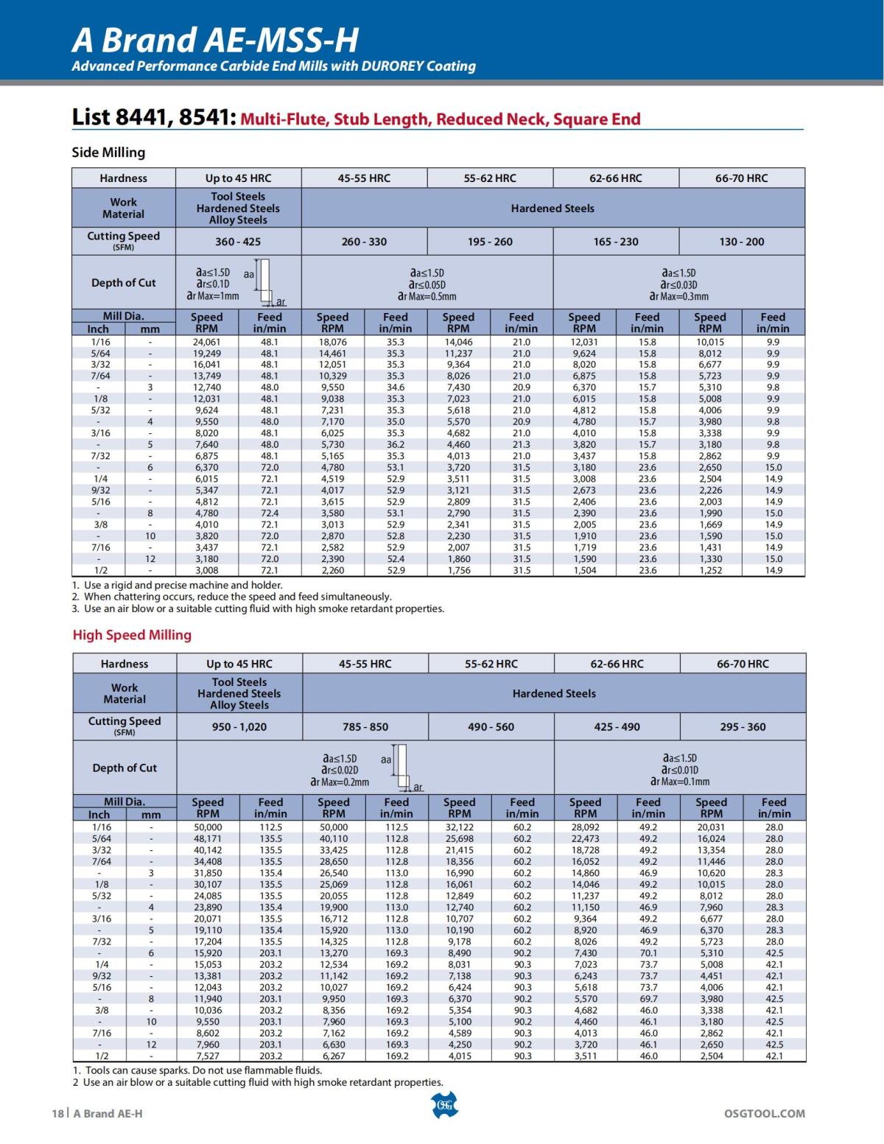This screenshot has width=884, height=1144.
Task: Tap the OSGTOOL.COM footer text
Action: pos(765,1113)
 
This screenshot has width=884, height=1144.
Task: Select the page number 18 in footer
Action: pos(58,1113)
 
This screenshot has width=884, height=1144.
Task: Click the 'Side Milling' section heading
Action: pos(108,152)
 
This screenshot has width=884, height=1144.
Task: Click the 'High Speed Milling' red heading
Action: pos(132,635)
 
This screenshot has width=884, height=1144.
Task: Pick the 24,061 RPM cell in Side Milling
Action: pos(206,342)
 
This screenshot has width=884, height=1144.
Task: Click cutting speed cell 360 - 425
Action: pos(238,242)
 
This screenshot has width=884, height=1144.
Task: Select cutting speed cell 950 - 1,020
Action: pos(239,727)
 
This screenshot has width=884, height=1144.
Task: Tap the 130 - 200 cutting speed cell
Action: pos(741,242)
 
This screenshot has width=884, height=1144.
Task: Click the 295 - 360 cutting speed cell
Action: pos(743,727)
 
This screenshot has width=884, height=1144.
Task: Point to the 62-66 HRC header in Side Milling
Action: pos(615,178)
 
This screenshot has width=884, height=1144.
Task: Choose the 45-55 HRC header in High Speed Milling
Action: pos(365,664)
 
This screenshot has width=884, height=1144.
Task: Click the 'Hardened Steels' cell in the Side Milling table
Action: pos(552,208)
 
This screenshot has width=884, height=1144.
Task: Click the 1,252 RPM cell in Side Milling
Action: pos(710,570)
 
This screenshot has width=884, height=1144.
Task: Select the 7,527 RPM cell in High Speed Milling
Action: pos(208,1056)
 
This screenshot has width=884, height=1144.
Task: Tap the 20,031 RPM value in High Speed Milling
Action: pos(711,827)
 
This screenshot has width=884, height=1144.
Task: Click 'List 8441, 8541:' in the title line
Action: pos(154,118)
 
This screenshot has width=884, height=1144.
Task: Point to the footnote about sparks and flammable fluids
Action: pos(197,1070)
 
